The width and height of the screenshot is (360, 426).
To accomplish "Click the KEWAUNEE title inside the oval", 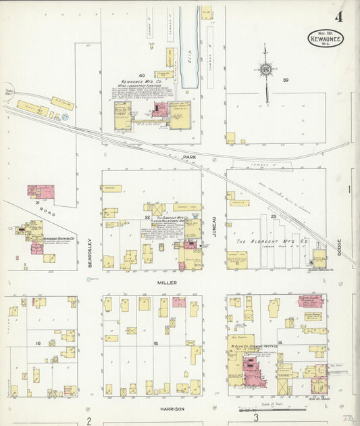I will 326,39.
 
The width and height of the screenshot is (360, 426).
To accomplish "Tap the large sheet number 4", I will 337,17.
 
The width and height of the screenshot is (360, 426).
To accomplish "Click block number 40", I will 142,75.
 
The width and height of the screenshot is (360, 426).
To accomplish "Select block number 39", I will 286,80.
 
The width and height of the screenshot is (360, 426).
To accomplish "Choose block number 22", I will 147,216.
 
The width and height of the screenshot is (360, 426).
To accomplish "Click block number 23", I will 274,216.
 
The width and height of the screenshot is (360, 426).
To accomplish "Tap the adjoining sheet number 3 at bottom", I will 256,419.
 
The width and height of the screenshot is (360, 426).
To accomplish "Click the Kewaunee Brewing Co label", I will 58,239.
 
